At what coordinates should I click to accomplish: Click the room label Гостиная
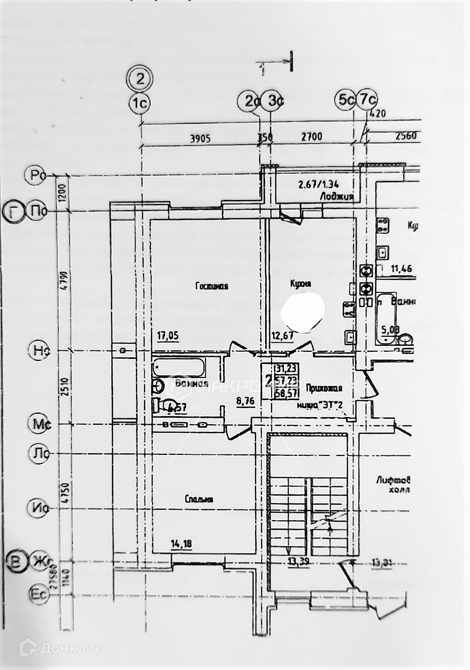click(211, 286)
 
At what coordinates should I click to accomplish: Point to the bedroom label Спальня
click(199, 499)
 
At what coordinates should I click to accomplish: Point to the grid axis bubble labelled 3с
click(274, 101)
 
